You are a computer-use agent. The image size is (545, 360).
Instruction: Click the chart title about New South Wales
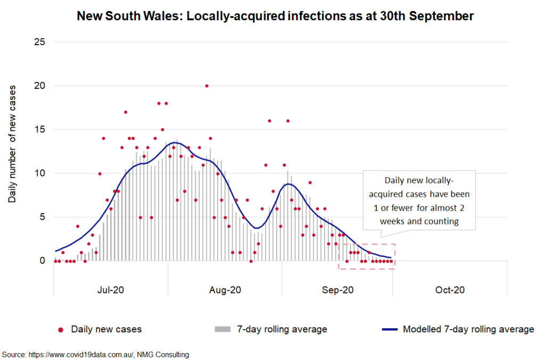[275, 16]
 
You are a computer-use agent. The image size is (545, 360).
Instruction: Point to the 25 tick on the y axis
[39, 42]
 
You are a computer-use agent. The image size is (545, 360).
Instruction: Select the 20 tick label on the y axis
[39, 86]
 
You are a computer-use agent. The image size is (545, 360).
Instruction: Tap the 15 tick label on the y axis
[39, 129]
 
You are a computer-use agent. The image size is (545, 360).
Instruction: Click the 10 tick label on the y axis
[39, 173]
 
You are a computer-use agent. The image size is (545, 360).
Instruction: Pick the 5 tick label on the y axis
[42, 217]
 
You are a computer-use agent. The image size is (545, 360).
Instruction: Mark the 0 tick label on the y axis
[42, 261]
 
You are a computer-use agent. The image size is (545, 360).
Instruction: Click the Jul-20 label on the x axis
[111, 290]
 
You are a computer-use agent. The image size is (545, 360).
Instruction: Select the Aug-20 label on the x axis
[225, 290]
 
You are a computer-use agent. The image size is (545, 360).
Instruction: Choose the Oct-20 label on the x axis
[450, 290]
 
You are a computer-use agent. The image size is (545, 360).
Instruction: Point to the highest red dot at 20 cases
[207, 86]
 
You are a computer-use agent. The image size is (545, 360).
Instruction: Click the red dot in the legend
[61, 330]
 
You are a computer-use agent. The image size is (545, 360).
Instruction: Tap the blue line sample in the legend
[390, 330]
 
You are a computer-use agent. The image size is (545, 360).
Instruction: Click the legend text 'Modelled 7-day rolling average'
[468, 329]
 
